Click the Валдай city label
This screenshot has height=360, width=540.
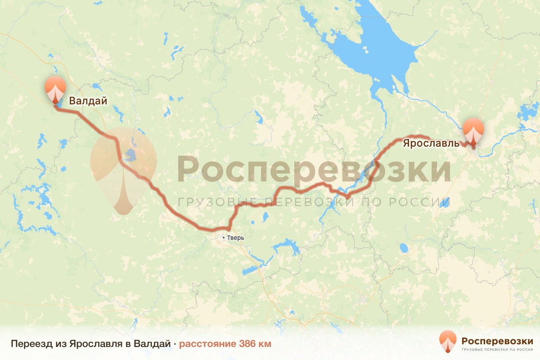pos(88,101)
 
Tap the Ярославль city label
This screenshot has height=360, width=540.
pos(431,144)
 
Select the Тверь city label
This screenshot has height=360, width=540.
pos(235,237)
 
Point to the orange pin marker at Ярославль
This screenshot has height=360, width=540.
pos(473,130)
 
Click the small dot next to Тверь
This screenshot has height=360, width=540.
pos(224,237)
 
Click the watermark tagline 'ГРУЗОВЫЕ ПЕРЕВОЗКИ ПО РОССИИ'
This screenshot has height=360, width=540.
pos(314,202)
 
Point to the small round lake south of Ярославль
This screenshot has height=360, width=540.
pos(404,248)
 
